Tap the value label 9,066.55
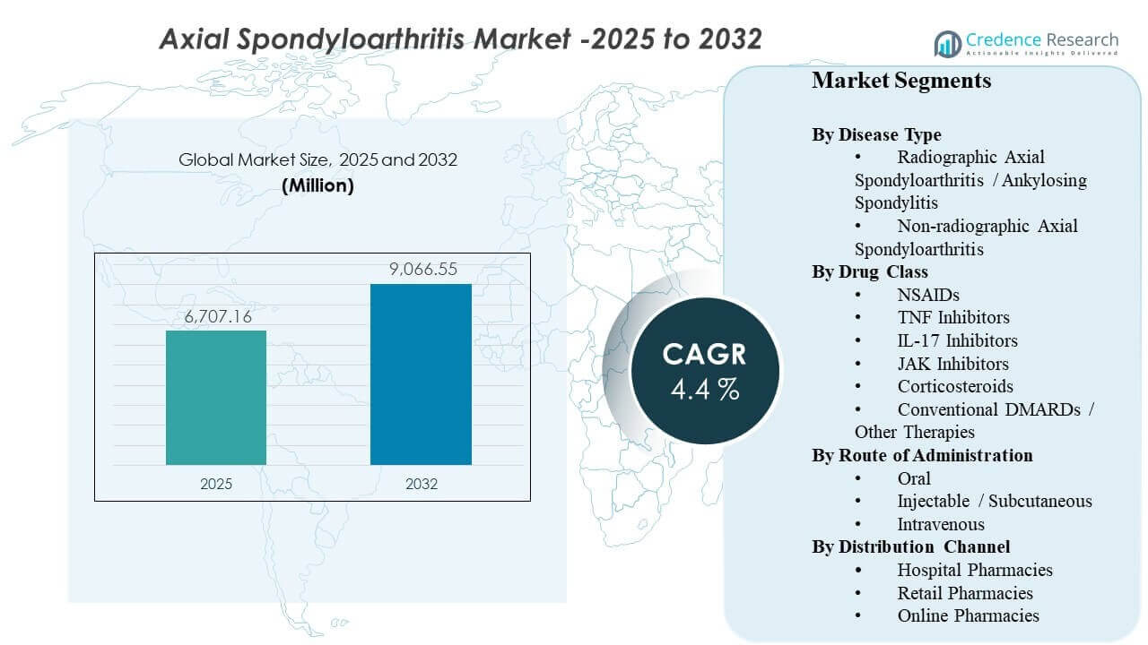pos(421,269)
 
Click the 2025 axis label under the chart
pos(216,484)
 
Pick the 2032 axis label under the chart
pos(421,484)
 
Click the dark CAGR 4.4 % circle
pos(704,370)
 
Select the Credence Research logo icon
pos(947,43)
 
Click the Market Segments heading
pos(901,81)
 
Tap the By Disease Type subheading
pos(876,134)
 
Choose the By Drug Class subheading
pos(870,271)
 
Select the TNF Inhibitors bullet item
pos(952,317)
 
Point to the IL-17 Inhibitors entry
pos(957,340)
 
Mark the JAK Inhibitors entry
pos(952,364)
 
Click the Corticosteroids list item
pos(955,386)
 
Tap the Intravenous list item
pos(941,524)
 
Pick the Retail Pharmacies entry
pos(965,593)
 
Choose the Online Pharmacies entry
pos(968,615)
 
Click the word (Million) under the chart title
pos(317,185)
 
